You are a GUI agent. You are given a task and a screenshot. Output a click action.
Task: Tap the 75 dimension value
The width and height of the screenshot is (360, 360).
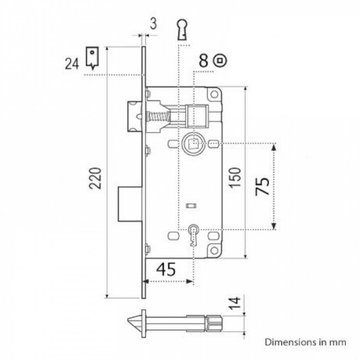click(263, 185)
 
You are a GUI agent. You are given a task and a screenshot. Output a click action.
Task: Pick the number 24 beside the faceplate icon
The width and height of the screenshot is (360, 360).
click(72, 63)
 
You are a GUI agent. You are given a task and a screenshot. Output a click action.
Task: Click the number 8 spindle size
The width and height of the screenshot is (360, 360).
click(204, 60)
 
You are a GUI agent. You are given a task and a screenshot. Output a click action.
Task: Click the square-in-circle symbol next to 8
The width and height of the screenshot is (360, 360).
click(220, 60)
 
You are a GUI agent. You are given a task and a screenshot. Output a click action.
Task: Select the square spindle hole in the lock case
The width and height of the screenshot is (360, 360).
click(193, 142)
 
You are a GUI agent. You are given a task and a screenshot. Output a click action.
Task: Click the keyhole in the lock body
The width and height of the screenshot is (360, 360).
click(193, 233)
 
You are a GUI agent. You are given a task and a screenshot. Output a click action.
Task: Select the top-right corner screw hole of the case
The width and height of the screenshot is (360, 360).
click(214, 95)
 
